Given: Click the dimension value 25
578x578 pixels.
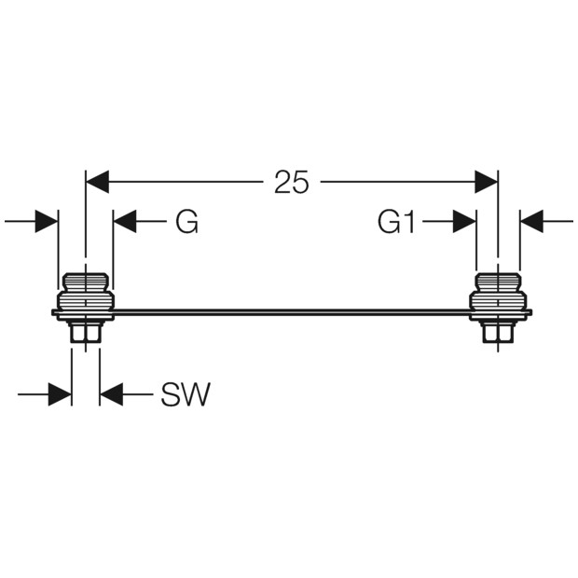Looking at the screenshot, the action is click(x=291, y=182).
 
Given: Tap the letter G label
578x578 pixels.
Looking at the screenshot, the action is click(x=186, y=222).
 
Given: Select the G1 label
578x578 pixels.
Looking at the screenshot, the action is click(x=396, y=222).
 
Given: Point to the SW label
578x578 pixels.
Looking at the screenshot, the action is click(x=186, y=394).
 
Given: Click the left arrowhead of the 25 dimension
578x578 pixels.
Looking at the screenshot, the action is click(x=97, y=182).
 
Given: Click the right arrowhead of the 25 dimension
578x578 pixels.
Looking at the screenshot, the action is click(x=487, y=182).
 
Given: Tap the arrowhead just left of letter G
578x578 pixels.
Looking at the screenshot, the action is click(x=125, y=222).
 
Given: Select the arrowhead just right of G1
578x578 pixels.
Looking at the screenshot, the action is click(x=464, y=222).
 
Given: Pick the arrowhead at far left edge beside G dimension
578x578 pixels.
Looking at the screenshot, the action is click(x=47, y=222).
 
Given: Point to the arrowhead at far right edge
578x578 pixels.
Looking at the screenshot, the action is click(x=531, y=222).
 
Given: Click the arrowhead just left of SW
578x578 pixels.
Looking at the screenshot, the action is click(x=111, y=394).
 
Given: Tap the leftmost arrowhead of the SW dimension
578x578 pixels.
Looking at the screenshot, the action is click(x=60, y=394).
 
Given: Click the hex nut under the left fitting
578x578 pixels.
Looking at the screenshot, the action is click(x=86, y=331).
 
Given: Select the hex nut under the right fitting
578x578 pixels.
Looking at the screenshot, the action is click(x=498, y=331).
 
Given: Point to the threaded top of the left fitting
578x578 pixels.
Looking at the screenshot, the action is click(x=86, y=282).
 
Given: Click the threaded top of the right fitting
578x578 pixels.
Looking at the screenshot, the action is click(x=498, y=282).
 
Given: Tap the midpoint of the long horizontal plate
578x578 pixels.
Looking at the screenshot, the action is click(x=291, y=313).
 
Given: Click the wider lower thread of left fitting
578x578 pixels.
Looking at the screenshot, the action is click(x=86, y=301).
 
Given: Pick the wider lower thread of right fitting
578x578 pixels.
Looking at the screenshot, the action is click(x=498, y=301).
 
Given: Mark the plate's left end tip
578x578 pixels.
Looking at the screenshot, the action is click(x=52, y=313).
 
